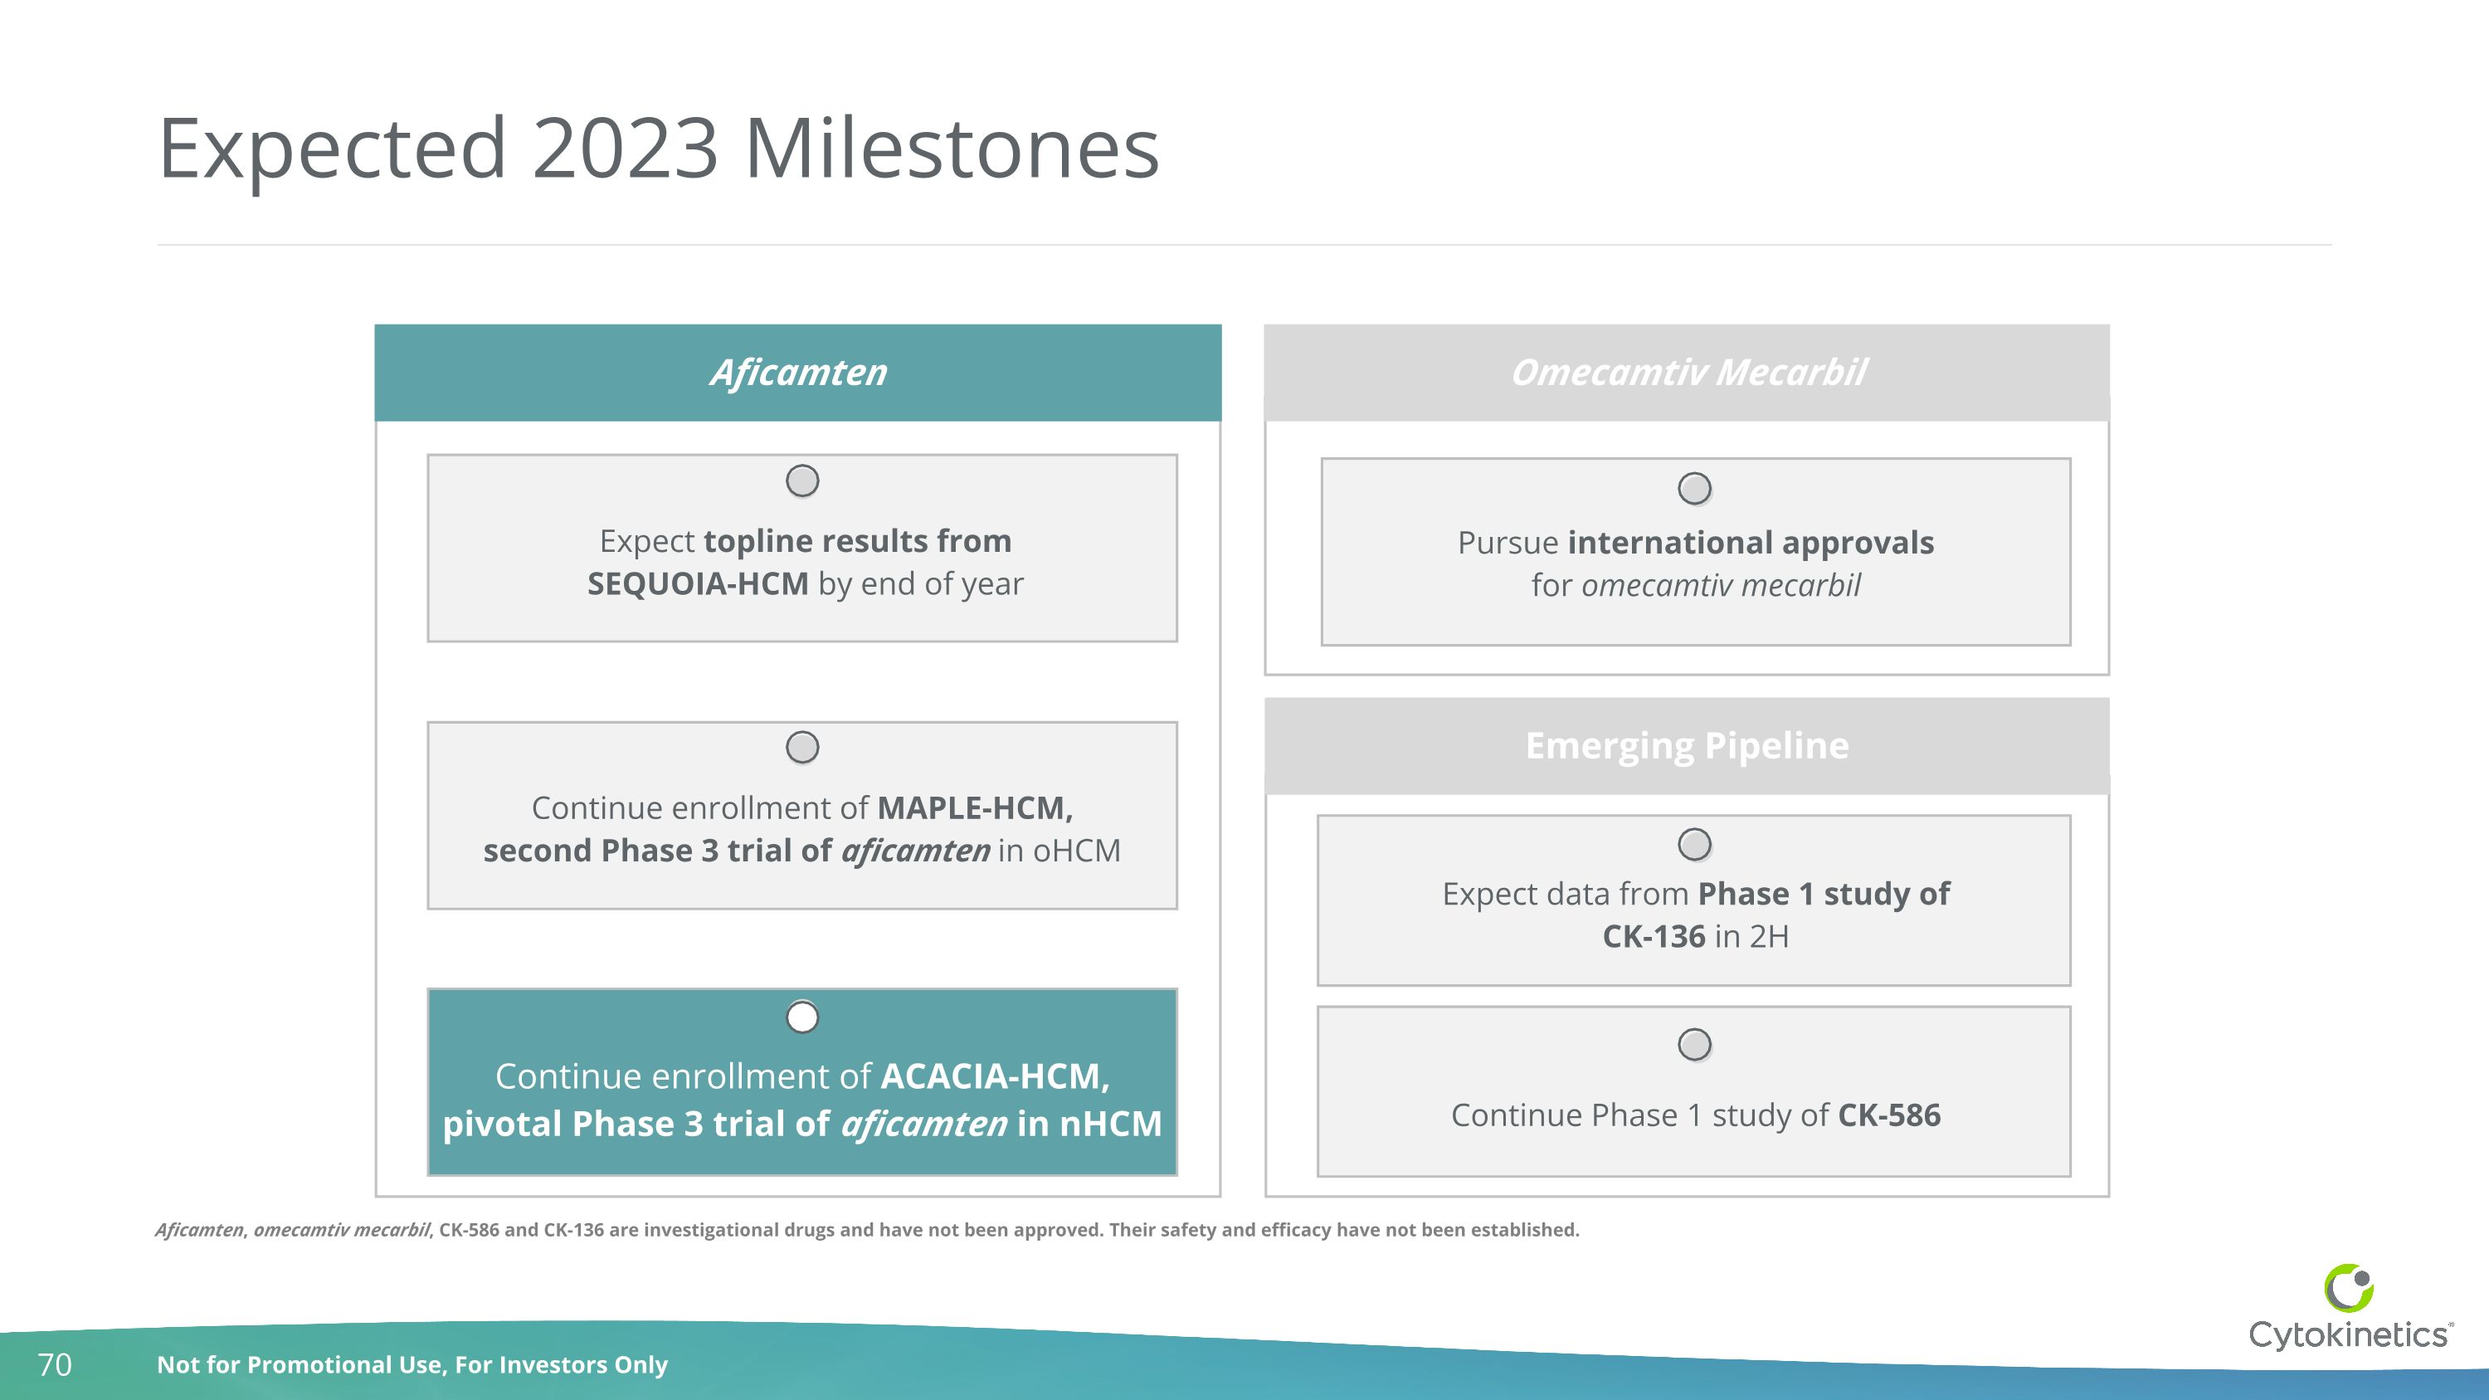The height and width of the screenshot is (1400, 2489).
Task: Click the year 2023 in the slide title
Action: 625,149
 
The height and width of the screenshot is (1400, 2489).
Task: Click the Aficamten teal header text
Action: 798,373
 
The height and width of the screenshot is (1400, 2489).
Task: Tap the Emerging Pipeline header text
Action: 1687,746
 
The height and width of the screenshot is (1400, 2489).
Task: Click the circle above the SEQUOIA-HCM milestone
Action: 802,480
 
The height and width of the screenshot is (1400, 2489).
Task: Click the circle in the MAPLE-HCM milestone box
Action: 802,747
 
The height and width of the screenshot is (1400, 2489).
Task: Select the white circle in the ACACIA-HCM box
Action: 802,1017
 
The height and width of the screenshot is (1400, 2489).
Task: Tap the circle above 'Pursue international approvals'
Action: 1695,488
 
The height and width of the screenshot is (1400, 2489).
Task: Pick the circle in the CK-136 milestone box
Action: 1695,845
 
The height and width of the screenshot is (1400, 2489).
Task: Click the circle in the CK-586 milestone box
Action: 1695,1045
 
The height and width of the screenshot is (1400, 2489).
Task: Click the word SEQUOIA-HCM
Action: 698,584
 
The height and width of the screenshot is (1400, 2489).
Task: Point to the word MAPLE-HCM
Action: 974,807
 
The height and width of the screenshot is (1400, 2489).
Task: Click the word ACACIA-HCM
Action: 994,1076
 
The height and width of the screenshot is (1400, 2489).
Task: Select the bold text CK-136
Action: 1654,936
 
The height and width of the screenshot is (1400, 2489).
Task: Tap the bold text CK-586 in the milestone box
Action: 1888,1116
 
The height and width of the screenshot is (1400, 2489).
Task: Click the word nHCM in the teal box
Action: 1110,1124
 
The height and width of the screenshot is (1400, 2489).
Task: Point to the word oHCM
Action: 1076,851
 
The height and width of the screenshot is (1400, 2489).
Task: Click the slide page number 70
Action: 54,1364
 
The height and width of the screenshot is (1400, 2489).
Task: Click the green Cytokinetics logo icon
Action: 2348,1288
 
